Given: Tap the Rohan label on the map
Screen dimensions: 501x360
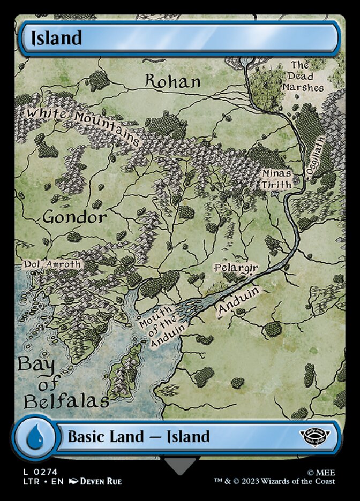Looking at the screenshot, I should coord(173,81).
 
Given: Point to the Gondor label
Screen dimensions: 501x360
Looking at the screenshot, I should coord(74,217).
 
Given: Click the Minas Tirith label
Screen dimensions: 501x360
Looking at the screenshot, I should coord(276,179).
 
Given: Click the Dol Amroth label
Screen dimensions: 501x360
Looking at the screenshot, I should coord(52,264).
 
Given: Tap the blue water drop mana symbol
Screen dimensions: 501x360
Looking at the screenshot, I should coord(35,436).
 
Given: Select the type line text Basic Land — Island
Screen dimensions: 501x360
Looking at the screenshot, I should coord(138,436).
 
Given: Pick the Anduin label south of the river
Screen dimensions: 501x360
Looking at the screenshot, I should coord(238,301).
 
